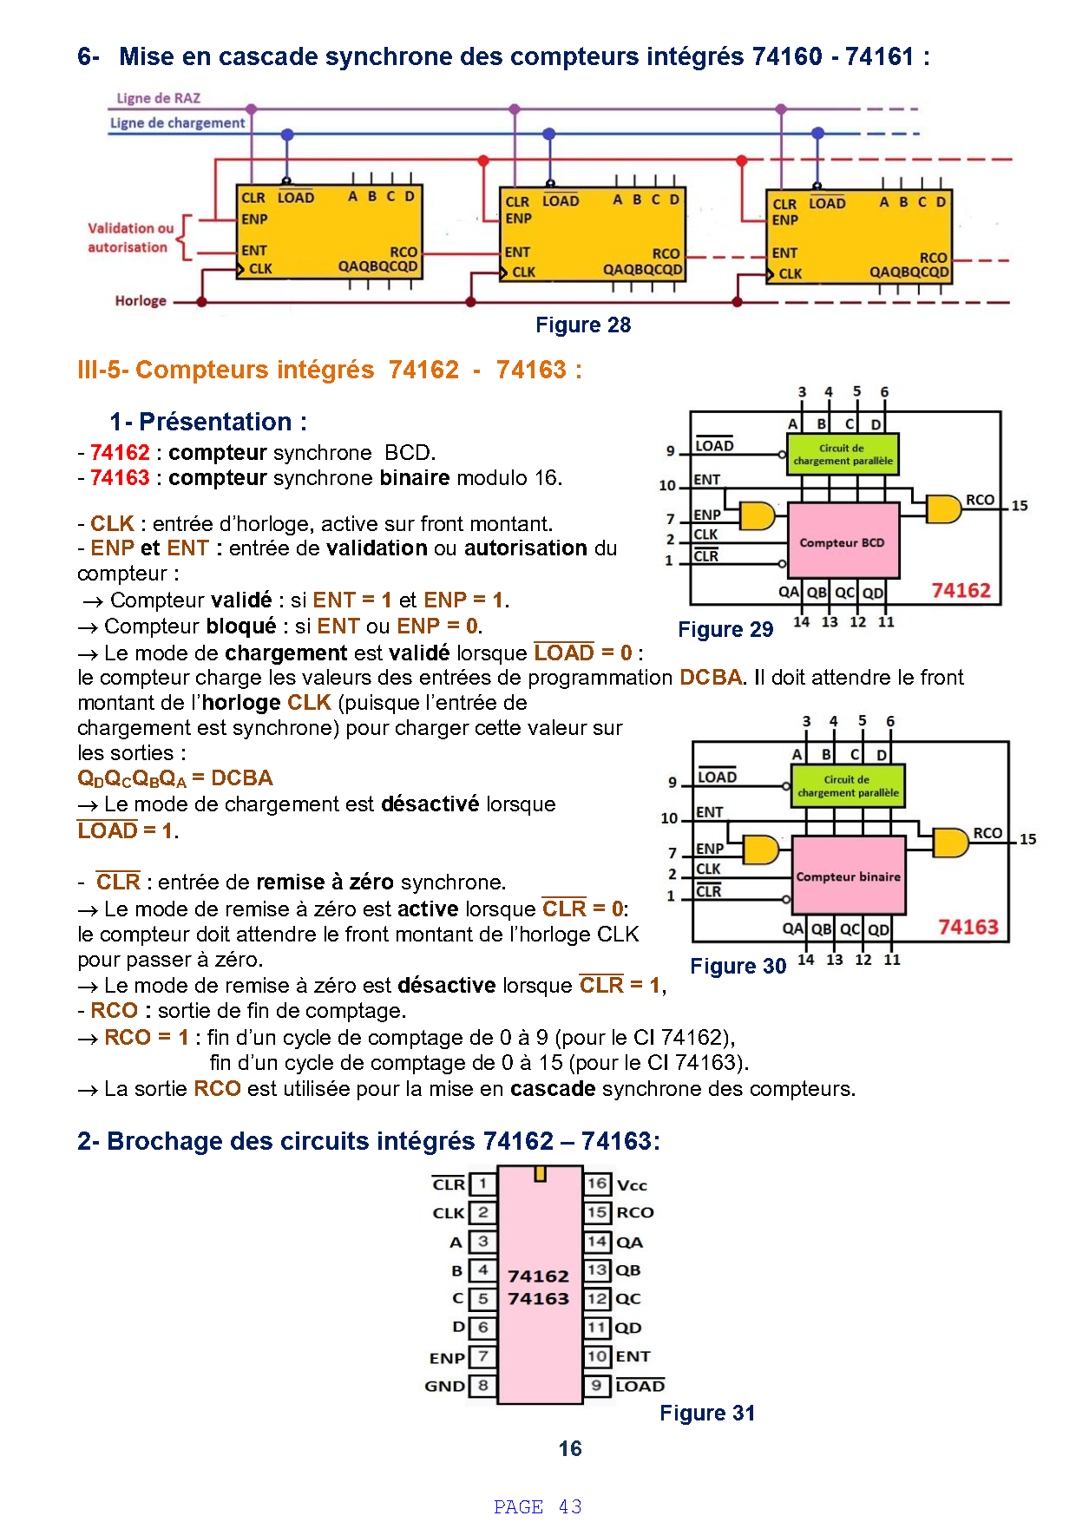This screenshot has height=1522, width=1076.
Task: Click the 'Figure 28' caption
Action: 583,325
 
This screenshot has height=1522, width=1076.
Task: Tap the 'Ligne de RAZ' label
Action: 158,98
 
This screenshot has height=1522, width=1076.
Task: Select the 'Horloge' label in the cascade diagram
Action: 141,300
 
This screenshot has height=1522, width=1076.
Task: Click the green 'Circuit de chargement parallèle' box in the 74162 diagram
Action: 843,454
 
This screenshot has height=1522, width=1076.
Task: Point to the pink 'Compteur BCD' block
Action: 843,541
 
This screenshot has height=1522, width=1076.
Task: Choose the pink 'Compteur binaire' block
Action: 850,876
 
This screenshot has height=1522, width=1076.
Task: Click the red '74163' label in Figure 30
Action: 968,927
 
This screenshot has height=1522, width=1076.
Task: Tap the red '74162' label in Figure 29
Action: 961,590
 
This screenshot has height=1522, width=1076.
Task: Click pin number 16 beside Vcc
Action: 597,1184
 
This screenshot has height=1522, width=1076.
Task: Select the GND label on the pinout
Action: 445,1386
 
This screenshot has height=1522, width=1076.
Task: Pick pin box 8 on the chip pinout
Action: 482,1386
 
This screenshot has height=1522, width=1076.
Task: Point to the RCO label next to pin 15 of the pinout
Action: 635,1212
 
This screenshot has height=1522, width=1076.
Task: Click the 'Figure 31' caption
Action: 707,1414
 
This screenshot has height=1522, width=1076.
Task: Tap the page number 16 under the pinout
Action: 570,1448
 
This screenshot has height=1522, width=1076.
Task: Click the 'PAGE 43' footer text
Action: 538,1506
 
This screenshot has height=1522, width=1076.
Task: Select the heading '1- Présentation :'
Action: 208,422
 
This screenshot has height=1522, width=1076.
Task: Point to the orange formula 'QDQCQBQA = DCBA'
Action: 175,778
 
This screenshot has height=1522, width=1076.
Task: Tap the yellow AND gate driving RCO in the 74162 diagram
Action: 944,509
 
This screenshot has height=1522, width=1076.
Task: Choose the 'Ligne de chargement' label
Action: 177,123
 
